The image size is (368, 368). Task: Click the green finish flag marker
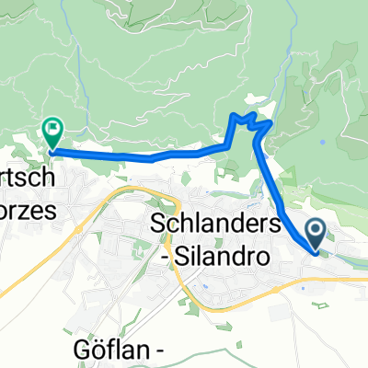click(52, 135)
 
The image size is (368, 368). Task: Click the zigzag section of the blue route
click(247, 122)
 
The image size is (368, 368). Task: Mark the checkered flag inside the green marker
click(52, 131)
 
